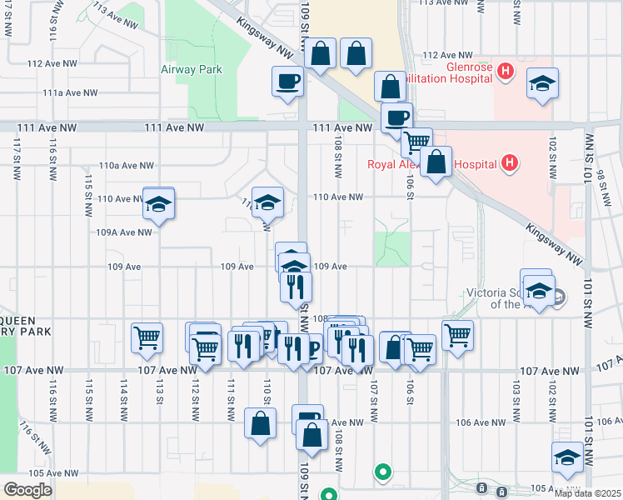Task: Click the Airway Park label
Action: (x=192, y=69)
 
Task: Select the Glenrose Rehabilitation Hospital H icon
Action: (x=505, y=72)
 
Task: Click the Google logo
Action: (x=27, y=490)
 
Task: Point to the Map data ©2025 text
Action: (x=587, y=493)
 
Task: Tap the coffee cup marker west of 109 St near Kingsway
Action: (x=288, y=82)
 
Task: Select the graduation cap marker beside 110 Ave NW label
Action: (x=157, y=204)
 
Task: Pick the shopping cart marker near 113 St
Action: (x=147, y=337)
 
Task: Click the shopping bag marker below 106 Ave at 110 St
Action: (x=261, y=422)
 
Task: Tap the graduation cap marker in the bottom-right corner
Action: (x=567, y=458)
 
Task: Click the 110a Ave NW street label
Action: (x=127, y=166)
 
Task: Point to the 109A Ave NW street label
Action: (x=124, y=232)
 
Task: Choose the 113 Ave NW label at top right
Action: (x=442, y=2)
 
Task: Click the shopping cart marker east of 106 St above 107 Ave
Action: (x=457, y=335)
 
